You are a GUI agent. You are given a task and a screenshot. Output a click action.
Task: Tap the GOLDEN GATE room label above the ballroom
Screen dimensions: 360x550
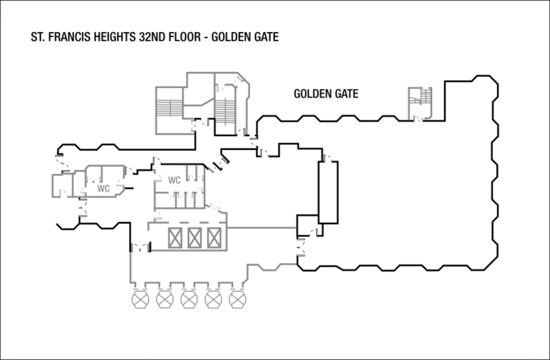pos(326,94)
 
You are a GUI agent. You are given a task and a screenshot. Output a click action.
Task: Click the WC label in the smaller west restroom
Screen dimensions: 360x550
pos(103,188)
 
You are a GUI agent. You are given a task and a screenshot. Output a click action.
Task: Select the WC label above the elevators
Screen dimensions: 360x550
pos(174,180)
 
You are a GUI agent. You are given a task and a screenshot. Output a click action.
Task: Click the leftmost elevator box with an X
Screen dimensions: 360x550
pos(176,237)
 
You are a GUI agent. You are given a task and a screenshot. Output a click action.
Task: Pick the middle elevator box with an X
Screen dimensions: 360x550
pos(195,237)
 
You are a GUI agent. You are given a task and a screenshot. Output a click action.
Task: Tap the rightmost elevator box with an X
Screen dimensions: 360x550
pos(213,237)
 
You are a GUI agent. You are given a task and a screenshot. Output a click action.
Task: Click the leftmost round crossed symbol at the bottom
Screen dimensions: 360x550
pos(142,300)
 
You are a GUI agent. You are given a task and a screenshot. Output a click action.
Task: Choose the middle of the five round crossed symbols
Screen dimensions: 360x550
pos(189,300)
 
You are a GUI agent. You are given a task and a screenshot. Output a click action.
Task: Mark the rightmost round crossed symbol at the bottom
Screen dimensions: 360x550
pos(237,300)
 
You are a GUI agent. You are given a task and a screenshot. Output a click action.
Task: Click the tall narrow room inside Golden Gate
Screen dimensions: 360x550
pos(328,192)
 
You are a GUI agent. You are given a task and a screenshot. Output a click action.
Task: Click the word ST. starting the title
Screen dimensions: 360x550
pos(38,37)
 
